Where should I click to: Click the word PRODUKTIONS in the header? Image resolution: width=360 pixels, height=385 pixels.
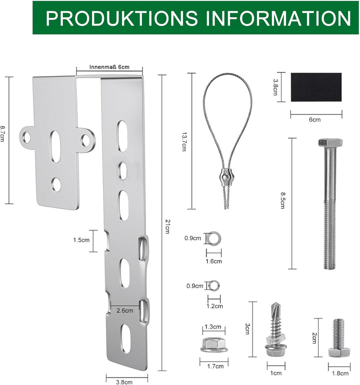pos(122,18)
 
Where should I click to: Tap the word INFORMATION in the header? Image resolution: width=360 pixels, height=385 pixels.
pos(278,18)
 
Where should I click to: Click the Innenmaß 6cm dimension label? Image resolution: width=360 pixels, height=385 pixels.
pos(109,66)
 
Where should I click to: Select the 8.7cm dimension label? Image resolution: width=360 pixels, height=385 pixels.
pos(3,135)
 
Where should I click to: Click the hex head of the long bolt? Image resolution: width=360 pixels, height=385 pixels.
pos(329,143)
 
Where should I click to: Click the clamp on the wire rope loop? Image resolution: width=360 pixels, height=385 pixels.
pos(226,177)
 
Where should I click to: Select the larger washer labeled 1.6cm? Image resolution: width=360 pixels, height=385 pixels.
pos(214,238)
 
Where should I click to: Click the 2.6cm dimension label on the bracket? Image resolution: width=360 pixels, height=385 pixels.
pos(125,310)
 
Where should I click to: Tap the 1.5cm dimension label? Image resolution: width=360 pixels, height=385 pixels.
pos(81,240)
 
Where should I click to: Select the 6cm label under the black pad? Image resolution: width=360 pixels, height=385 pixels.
pos(315,119)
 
